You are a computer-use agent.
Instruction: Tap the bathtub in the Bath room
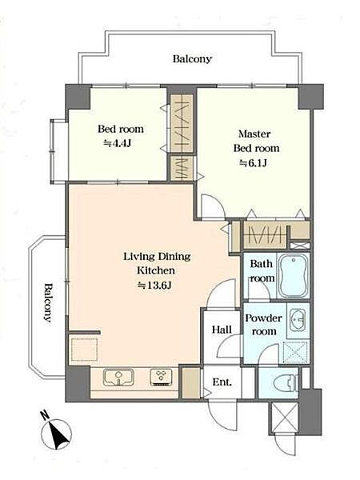(x=294, y=275)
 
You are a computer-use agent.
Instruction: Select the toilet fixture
(x=286, y=382)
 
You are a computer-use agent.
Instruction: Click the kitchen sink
(x=118, y=377)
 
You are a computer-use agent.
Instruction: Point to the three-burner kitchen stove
(x=162, y=377)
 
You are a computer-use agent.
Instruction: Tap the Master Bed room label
(x=256, y=141)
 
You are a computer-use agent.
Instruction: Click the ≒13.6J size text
(x=155, y=286)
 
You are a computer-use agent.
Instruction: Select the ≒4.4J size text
(x=118, y=143)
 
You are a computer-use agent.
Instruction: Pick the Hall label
(x=222, y=330)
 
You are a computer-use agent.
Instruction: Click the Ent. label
(x=222, y=382)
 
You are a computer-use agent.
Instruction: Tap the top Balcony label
(x=192, y=58)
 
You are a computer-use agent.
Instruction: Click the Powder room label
(x=263, y=325)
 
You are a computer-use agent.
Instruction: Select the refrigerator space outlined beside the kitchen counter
(x=84, y=350)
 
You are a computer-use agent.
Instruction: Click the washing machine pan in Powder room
(x=295, y=352)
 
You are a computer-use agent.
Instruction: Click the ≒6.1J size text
(x=253, y=163)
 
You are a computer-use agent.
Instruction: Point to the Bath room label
(x=262, y=270)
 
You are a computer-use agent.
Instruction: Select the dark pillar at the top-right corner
(x=310, y=97)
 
